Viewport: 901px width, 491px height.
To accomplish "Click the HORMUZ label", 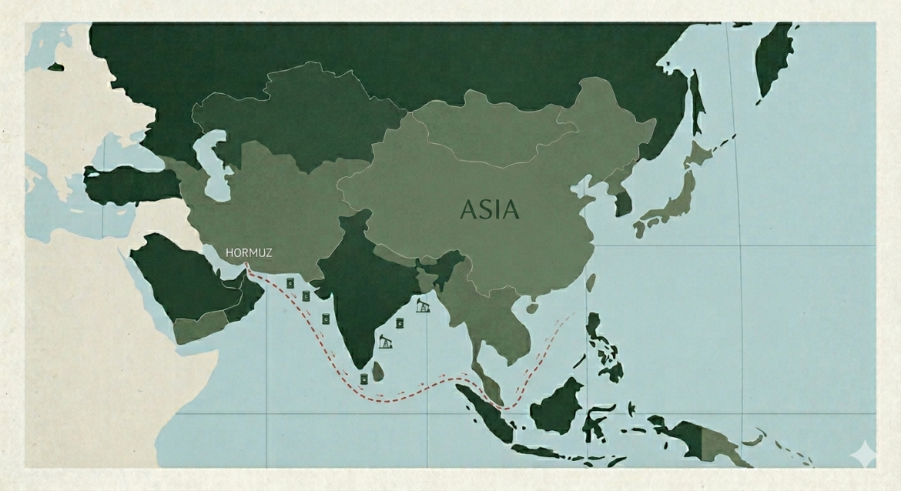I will tap(249, 252).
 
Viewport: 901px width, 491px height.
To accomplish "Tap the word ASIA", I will tap(490, 209).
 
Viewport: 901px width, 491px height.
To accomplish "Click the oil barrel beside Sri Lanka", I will tap(363, 379).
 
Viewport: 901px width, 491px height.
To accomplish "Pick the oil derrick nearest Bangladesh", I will tap(421, 306).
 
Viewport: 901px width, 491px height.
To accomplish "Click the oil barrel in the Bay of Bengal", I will tap(400, 323).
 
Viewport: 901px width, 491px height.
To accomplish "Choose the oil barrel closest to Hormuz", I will tap(290, 282).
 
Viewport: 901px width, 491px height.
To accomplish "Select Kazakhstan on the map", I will tap(300, 115).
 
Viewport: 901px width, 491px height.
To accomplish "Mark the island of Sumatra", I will tap(485, 416).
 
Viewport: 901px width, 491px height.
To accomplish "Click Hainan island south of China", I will tap(532, 307).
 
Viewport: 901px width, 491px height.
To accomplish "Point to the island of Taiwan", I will tap(591, 282).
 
